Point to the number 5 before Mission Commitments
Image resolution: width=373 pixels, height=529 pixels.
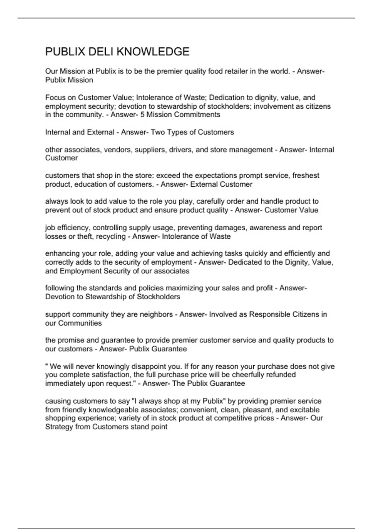pyautogui.click(x=142, y=115)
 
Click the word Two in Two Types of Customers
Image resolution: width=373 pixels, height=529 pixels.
pyautogui.click(x=158, y=132)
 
